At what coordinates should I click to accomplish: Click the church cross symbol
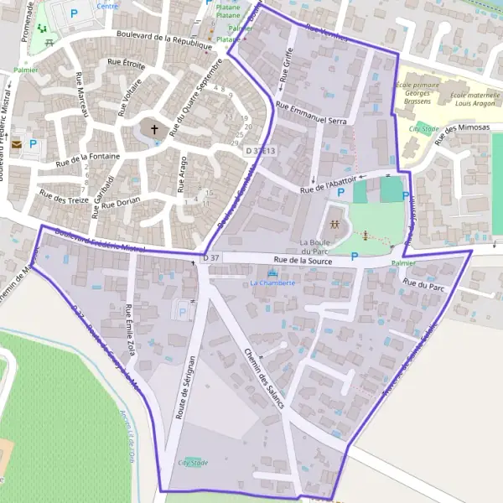point(154,129)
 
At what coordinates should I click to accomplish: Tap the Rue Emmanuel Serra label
point(311,114)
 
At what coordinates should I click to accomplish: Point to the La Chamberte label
point(272,283)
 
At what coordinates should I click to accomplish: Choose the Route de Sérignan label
point(185,381)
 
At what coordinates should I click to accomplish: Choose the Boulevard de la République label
point(165,39)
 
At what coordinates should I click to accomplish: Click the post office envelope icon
point(17,144)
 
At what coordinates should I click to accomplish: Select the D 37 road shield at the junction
point(211,257)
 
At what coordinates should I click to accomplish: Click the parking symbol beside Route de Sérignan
point(183,312)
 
